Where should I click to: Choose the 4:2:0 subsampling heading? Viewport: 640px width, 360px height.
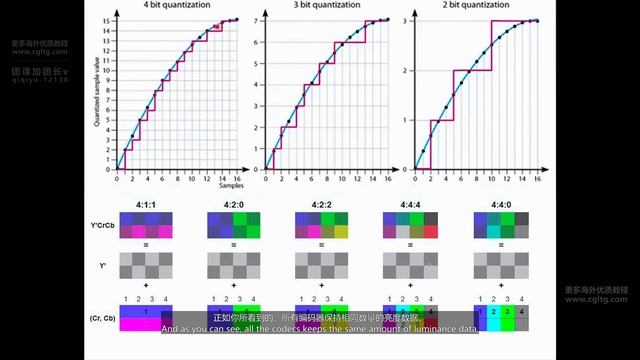[x=229, y=204]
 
